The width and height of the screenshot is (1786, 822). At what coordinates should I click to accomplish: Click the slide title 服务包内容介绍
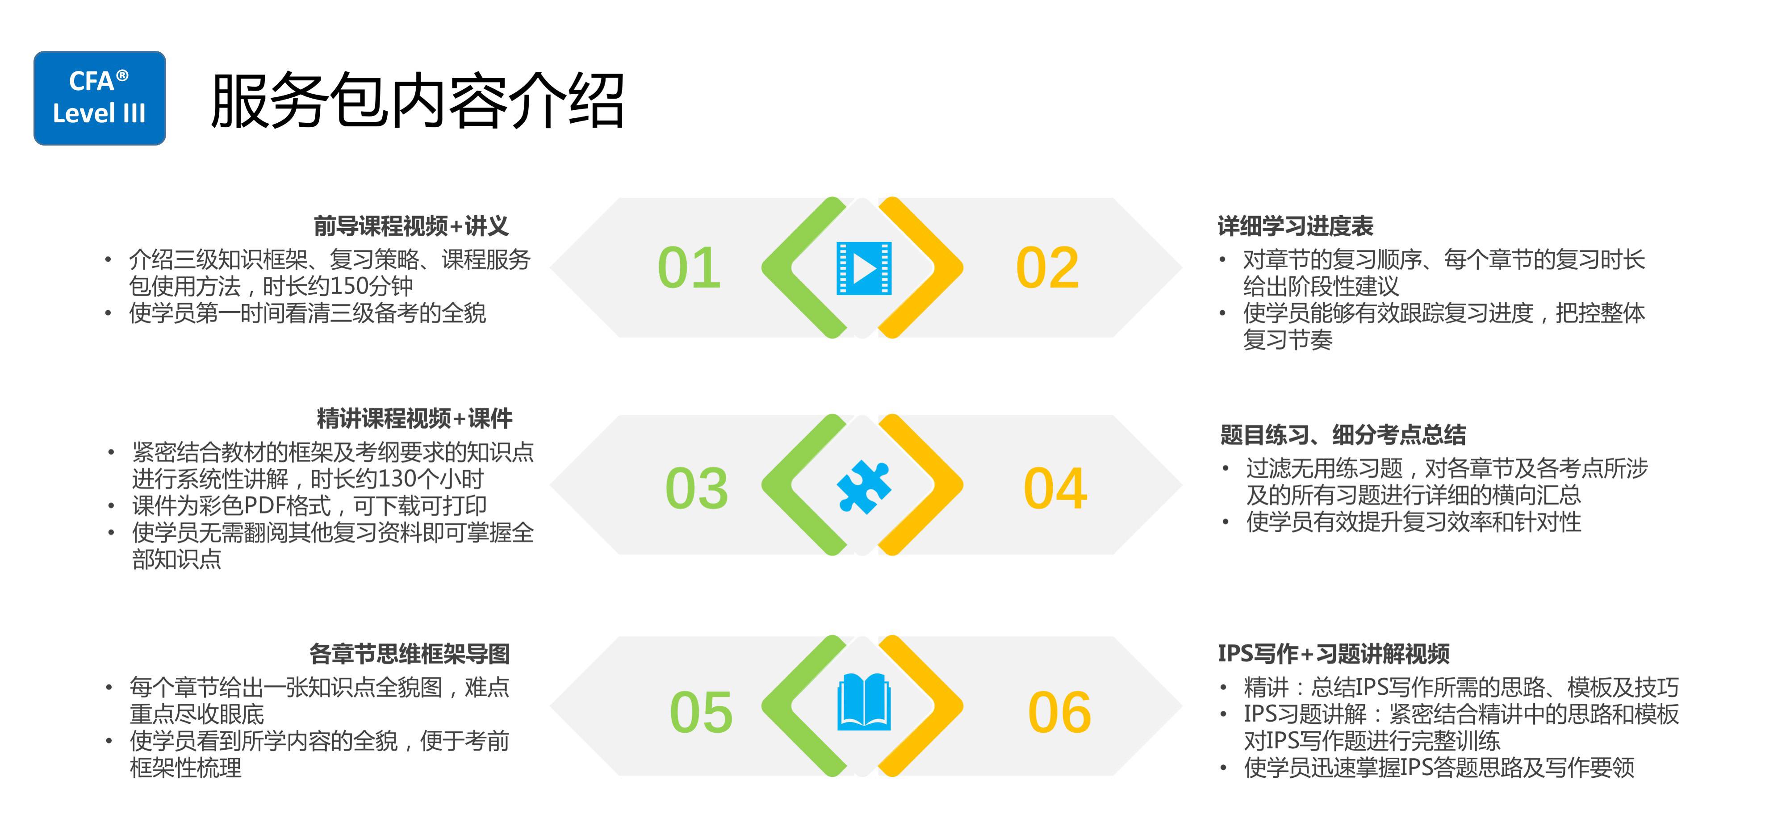click(x=418, y=101)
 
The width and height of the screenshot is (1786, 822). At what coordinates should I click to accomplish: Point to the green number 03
click(x=697, y=488)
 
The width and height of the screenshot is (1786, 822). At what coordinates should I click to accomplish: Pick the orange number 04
click(x=1055, y=488)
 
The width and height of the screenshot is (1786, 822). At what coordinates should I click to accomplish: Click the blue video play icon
click(x=864, y=268)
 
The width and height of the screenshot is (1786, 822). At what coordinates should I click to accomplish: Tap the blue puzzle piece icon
click(x=864, y=487)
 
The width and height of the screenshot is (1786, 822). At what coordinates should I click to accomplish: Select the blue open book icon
click(x=864, y=701)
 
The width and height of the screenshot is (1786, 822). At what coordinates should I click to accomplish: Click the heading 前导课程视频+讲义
click(x=411, y=226)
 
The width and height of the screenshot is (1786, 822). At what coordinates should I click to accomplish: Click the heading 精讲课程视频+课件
click(x=414, y=419)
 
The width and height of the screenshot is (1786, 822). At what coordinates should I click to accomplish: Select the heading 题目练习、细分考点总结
click(x=1343, y=435)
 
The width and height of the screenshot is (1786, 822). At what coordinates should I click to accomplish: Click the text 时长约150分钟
click(x=338, y=286)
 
